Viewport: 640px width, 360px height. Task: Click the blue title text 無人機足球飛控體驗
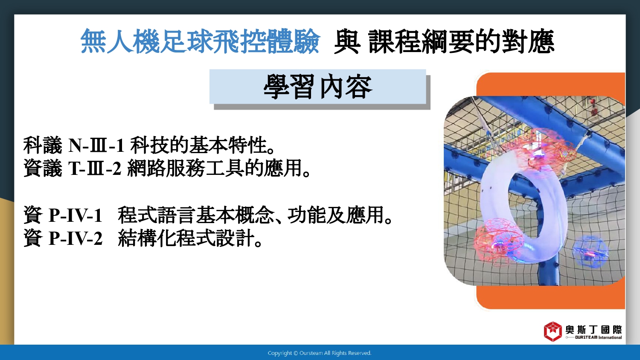pos(200,41)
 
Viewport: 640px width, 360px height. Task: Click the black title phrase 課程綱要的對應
pos(461,41)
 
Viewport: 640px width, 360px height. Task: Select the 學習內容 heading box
pos(318,87)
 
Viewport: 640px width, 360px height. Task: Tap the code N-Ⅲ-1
pos(96,145)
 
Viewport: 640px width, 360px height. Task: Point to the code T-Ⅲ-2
pos(95,168)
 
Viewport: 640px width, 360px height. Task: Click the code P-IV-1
pos(76,215)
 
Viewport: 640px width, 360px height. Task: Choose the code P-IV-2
pos(76,238)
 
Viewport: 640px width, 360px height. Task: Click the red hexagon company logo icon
pos(553,331)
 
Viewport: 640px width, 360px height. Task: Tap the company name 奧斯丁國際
pos(593,330)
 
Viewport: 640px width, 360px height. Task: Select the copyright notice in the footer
pos(320,353)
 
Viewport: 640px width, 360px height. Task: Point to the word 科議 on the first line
pos(43,145)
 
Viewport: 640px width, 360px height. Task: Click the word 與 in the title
pos(347,41)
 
